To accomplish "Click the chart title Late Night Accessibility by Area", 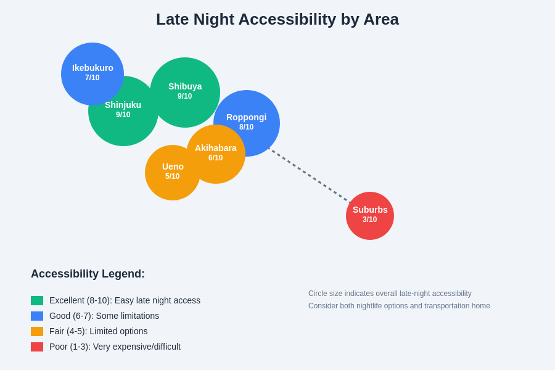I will click(277, 19).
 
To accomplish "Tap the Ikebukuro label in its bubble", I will click(92, 68).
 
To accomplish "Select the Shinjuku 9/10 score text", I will click(123, 115).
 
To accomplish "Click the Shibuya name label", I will click(185, 86).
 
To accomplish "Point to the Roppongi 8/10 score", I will click(247, 127).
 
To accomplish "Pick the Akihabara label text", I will click(216, 148).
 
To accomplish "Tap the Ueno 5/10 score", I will click(173, 176).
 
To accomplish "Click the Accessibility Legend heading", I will click(88, 274).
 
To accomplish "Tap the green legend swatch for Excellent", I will click(37, 300).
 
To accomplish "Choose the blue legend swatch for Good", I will click(37, 316).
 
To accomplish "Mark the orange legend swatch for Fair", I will click(37, 331).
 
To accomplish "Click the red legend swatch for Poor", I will click(37, 347).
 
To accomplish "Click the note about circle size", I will click(390, 294).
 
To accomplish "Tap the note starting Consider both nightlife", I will click(399, 306).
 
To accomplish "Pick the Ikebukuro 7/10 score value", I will click(92, 78).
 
